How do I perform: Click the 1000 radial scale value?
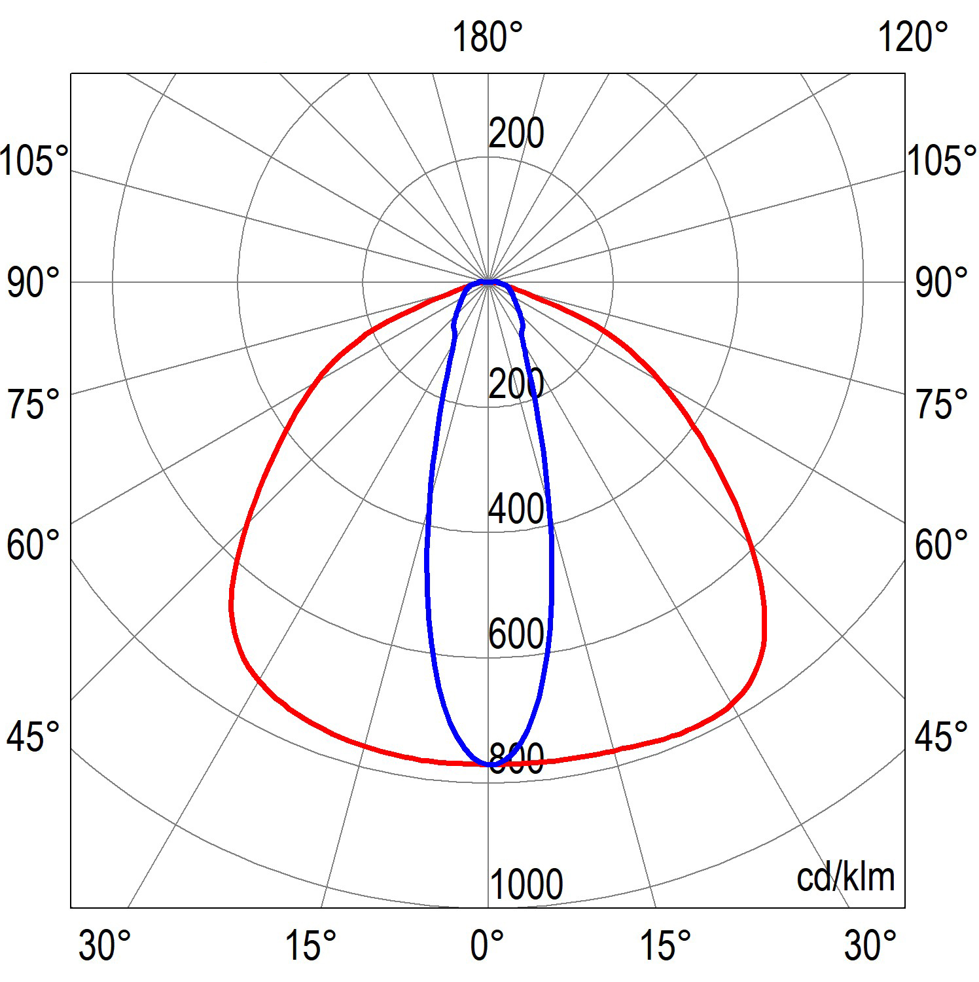pyautogui.click(x=526, y=884)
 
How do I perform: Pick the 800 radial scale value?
pyautogui.click(x=517, y=759)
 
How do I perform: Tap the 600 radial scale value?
pyautogui.click(x=516, y=633)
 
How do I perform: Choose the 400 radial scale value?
pyautogui.click(x=516, y=508)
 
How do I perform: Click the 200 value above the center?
pyautogui.click(x=516, y=134)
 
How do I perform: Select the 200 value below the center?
pyautogui.click(x=516, y=383)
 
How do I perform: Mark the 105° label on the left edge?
pyautogui.click(x=34, y=160)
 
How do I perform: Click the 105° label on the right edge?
pyautogui.click(x=942, y=160)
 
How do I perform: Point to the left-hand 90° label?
pyautogui.click(x=33, y=283)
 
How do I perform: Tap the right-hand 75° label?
pyautogui.click(x=941, y=404)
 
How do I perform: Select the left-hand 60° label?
pyautogui.click(x=33, y=545)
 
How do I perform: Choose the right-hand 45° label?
pyautogui.click(x=941, y=737)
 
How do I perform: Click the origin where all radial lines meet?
pyautogui.click(x=488, y=282)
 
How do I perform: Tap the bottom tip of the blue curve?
pyautogui.click(x=489, y=764)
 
